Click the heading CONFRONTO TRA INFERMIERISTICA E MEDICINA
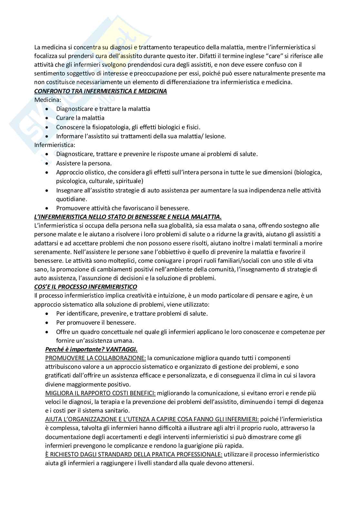(101, 91)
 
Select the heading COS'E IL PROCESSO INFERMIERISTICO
(85, 287)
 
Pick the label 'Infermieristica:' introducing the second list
(55, 145)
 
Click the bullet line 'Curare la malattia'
(80, 118)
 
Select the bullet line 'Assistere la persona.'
(84, 163)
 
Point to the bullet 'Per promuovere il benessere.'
(96, 322)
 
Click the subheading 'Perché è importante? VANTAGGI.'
(91, 349)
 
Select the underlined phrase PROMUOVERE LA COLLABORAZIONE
(95, 358)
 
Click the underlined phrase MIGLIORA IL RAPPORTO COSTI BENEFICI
(100, 393)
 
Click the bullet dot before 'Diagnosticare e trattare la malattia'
(47, 109)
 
